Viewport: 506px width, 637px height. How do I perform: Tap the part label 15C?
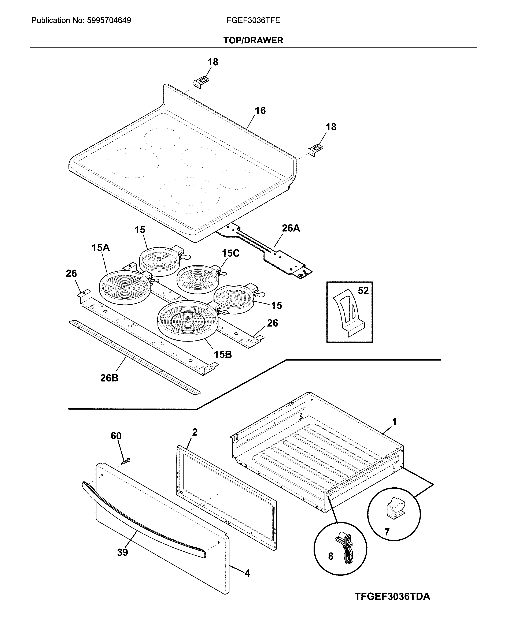[230, 253]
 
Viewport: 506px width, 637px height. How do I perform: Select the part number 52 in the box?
[363, 291]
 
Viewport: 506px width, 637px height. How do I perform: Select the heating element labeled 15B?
[188, 320]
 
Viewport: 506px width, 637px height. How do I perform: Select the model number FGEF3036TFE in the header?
[253, 20]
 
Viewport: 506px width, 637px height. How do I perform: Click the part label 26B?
[109, 378]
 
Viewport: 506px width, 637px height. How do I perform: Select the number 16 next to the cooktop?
[260, 111]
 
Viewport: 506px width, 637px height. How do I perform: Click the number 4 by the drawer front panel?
[247, 573]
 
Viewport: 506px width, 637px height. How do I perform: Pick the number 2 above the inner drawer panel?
[195, 432]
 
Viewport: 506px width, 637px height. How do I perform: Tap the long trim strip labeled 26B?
[134, 358]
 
